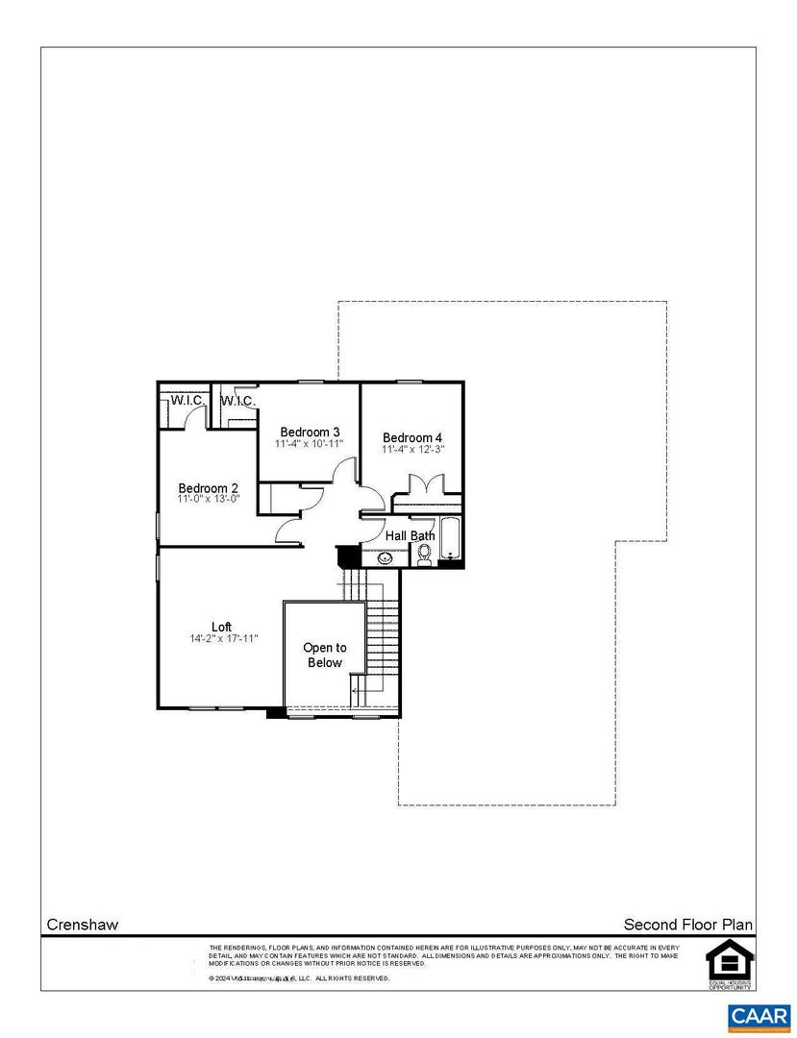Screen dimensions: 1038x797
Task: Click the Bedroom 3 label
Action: point(309,432)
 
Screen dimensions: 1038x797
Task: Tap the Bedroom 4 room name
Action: point(411,436)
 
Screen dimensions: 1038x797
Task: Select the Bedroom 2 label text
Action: point(208,488)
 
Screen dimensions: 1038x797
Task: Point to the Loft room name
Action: point(222,627)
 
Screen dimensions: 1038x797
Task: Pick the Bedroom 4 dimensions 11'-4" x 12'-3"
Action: point(412,449)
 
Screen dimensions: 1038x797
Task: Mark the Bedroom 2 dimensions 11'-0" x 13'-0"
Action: point(208,500)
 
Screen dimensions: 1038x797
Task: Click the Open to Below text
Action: point(325,655)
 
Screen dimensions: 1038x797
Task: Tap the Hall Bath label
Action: point(411,535)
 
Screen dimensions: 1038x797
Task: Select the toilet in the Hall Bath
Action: point(424,555)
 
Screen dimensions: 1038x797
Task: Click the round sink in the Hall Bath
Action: point(385,557)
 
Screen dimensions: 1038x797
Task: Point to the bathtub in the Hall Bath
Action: point(449,542)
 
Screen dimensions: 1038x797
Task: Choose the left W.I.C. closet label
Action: point(186,400)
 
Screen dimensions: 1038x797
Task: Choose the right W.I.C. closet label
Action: point(237,400)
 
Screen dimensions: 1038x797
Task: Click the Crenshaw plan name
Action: point(83,925)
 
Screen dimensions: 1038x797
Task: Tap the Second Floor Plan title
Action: point(688,925)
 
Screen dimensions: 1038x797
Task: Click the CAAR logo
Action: point(760,1016)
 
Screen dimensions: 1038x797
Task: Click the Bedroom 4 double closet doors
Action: point(426,485)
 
